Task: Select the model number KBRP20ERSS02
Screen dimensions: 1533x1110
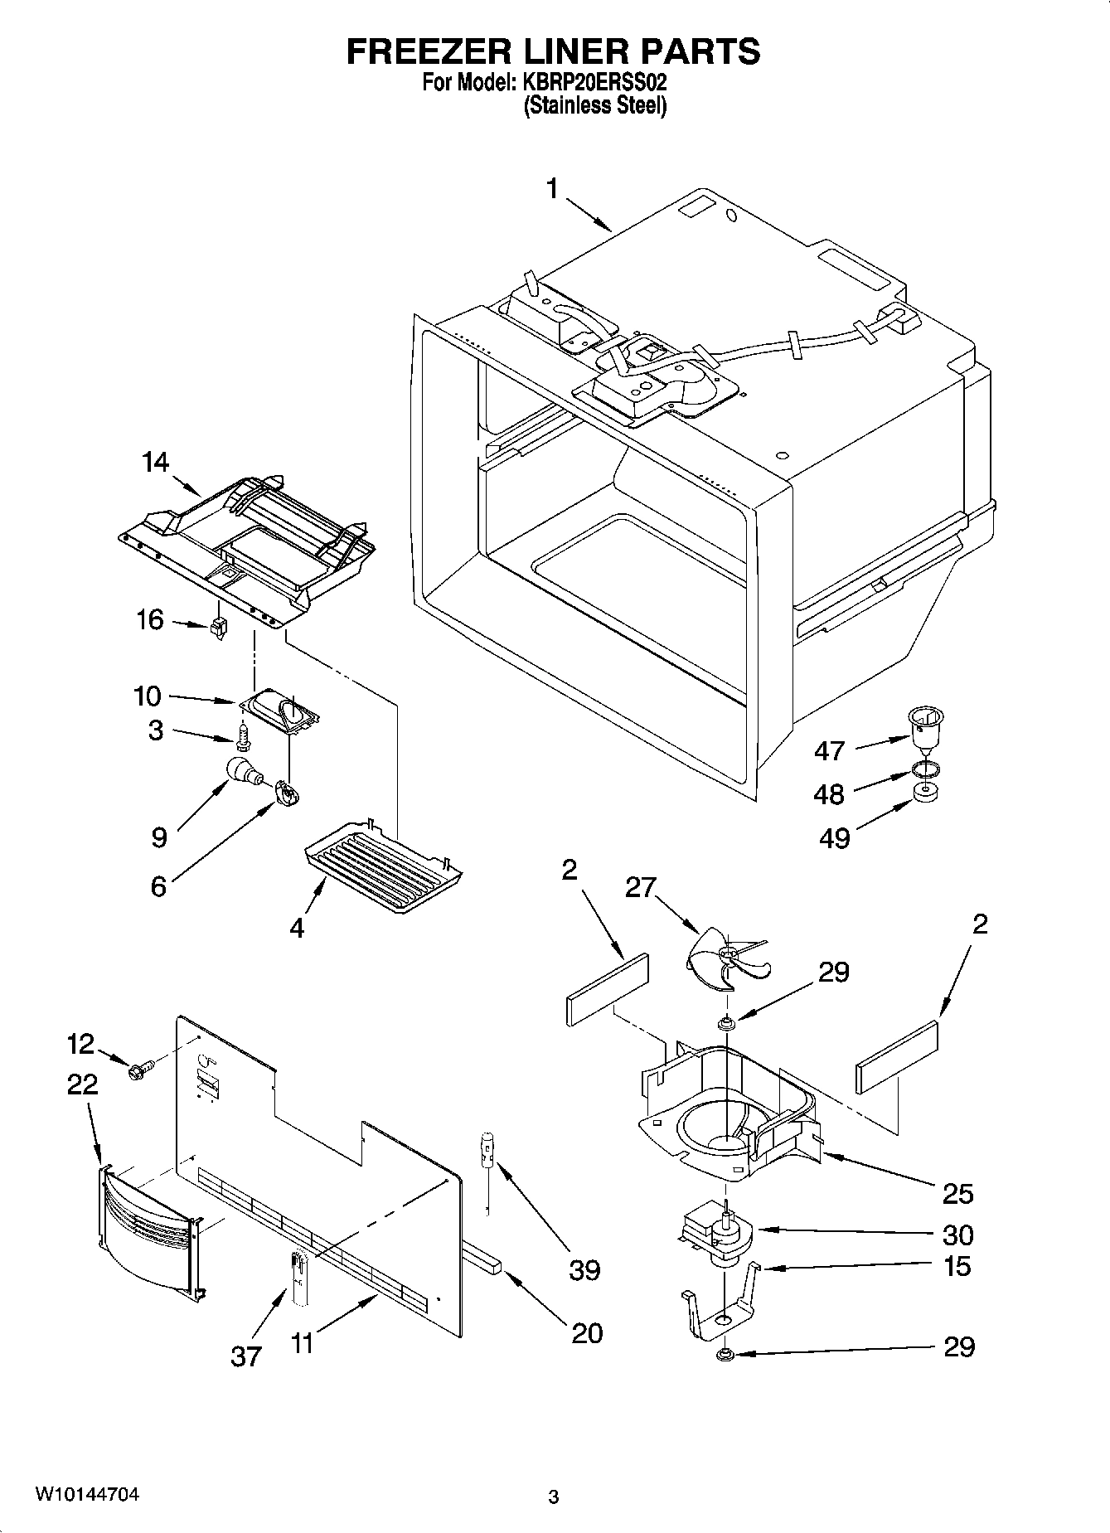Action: [x=594, y=84]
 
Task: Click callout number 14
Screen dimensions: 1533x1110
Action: [x=155, y=463]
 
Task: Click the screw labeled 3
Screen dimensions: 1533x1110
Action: [x=243, y=736]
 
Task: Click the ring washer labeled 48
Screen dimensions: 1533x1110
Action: [x=926, y=769]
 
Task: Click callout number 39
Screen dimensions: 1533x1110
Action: [x=584, y=1269]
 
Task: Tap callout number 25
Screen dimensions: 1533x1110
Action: [x=957, y=1194]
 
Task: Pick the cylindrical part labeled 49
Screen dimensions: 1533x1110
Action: [x=926, y=792]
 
